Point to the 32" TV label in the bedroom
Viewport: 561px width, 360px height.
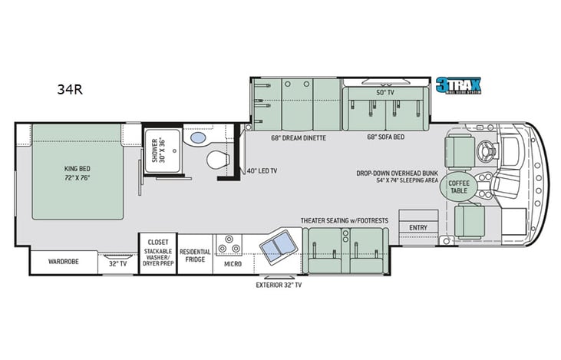tap(117, 263)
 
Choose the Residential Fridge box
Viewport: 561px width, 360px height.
tap(195, 256)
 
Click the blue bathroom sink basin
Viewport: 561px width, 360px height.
tap(198, 138)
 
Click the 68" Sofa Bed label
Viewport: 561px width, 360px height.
tap(385, 138)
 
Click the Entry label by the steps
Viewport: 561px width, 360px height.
tap(418, 227)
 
